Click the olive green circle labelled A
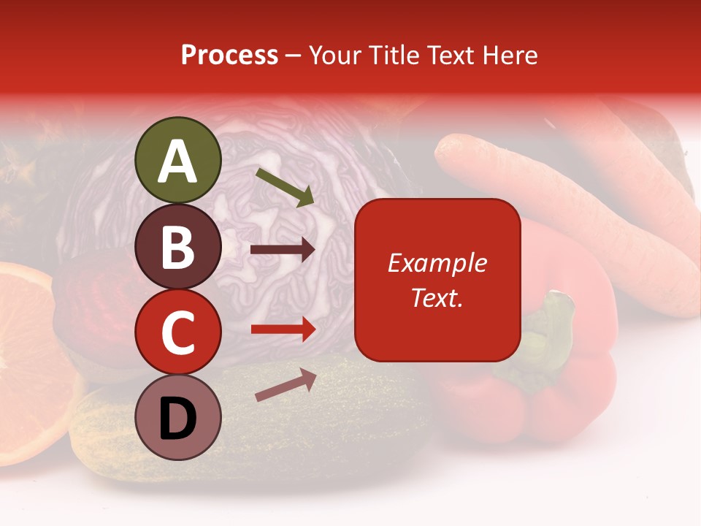(x=178, y=160)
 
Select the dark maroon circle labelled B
(x=178, y=246)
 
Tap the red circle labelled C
(x=178, y=332)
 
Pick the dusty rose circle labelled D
(x=178, y=417)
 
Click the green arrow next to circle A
(x=285, y=187)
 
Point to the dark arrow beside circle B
(x=283, y=250)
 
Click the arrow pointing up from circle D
(x=286, y=384)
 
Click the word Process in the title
(x=229, y=55)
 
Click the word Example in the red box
(x=437, y=263)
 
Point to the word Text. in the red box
(x=437, y=297)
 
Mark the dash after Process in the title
(x=294, y=56)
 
